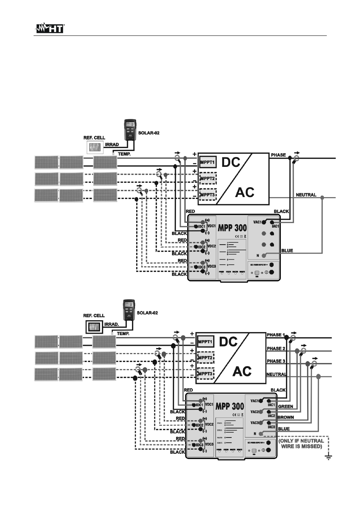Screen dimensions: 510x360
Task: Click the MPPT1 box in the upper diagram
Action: [208, 162]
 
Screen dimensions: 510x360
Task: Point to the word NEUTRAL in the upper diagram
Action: [306, 195]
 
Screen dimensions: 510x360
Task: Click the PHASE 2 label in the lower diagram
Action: [276, 348]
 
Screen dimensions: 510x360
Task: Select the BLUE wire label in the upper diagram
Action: [287, 250]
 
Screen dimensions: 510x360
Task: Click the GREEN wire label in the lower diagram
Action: [286, 407]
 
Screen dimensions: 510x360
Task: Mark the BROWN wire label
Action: [286, 418]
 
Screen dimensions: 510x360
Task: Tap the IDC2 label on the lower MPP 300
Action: [199, 425]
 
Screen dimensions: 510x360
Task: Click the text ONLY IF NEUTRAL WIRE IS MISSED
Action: [301, 444]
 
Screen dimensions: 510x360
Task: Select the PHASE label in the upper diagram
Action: [278, 155]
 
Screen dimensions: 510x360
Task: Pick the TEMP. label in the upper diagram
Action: [124, 154]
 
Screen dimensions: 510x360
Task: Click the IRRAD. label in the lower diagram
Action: [111, 324]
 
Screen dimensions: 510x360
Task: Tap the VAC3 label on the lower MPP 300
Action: [255, 423]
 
